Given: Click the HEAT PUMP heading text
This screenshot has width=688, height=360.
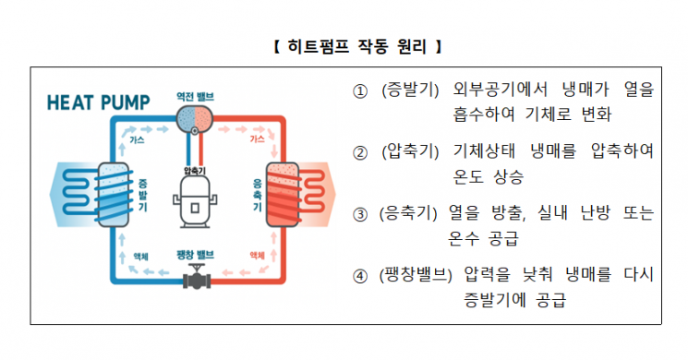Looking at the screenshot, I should coord(99,100).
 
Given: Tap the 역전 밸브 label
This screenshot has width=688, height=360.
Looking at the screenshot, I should coord(195,96).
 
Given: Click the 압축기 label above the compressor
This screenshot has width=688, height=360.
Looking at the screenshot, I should coord(195,170).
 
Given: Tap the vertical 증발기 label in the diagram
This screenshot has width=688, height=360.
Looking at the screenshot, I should coord(142,193).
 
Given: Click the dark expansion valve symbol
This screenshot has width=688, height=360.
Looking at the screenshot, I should coord(195,275).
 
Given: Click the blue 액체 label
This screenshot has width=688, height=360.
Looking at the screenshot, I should coord(139,256).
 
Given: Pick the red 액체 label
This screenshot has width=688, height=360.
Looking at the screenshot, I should coord(256,256).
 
